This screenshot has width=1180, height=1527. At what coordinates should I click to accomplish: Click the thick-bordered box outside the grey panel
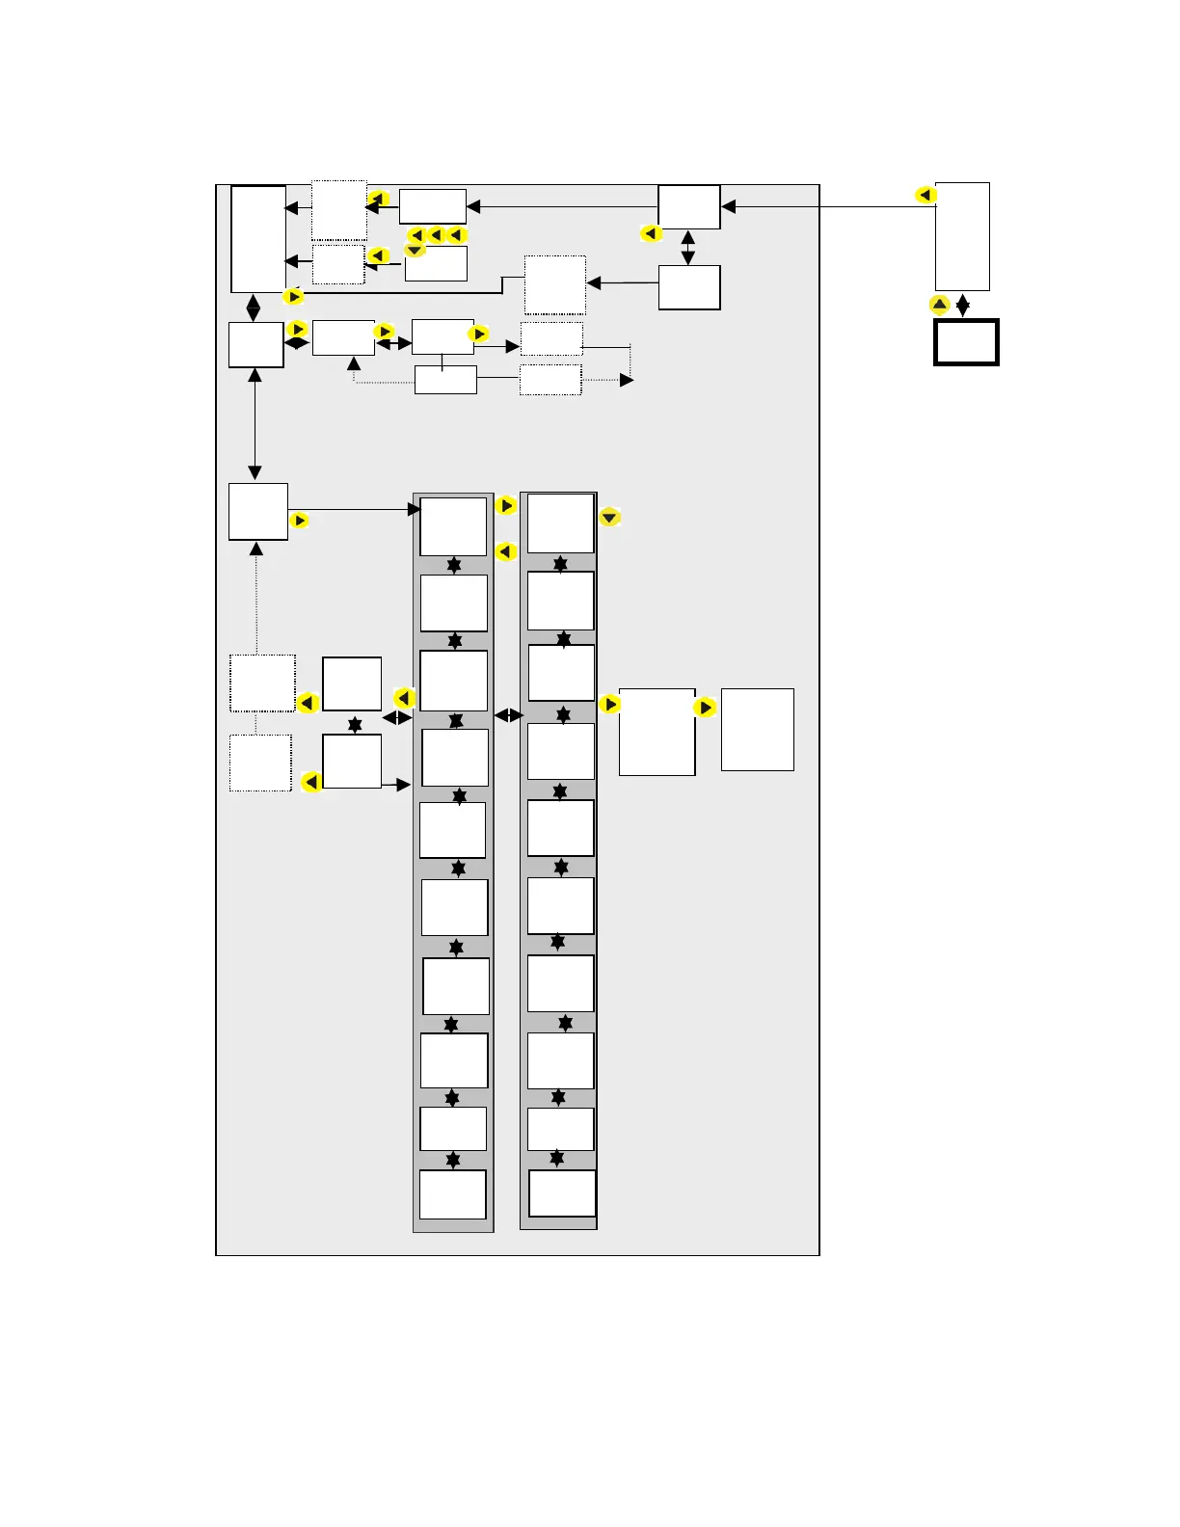966,342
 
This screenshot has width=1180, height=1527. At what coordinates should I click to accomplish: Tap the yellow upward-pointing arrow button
939,305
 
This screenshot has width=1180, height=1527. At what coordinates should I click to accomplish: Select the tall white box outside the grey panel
962,236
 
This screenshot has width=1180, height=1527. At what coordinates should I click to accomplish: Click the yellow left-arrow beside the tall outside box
925,195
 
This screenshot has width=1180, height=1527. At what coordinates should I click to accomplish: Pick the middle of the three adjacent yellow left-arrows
436,235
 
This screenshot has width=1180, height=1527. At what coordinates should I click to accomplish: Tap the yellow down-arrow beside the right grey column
609,518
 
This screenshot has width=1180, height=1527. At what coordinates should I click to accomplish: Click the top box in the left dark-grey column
453,526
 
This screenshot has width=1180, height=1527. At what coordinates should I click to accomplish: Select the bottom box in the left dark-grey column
452,1194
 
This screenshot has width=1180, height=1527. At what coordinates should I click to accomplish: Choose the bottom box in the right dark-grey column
562,1193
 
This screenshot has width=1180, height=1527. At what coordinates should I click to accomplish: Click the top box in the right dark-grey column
560,523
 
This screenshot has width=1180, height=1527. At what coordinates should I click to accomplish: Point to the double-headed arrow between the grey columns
509,715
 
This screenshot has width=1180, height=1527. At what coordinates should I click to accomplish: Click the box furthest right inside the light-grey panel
757,729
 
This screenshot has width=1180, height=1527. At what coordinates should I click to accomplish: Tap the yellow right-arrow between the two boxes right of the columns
705,708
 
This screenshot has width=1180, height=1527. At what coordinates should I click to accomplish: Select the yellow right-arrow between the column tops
506,505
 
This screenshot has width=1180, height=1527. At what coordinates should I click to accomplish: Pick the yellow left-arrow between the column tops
505,551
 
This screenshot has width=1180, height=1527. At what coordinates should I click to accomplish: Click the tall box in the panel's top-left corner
258,239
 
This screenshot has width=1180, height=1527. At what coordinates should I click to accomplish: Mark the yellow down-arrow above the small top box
415,250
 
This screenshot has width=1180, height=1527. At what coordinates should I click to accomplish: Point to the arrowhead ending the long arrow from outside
728,206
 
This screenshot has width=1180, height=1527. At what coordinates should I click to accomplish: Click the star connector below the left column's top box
454,565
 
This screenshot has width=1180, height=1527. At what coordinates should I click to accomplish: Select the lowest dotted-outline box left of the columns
260,763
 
